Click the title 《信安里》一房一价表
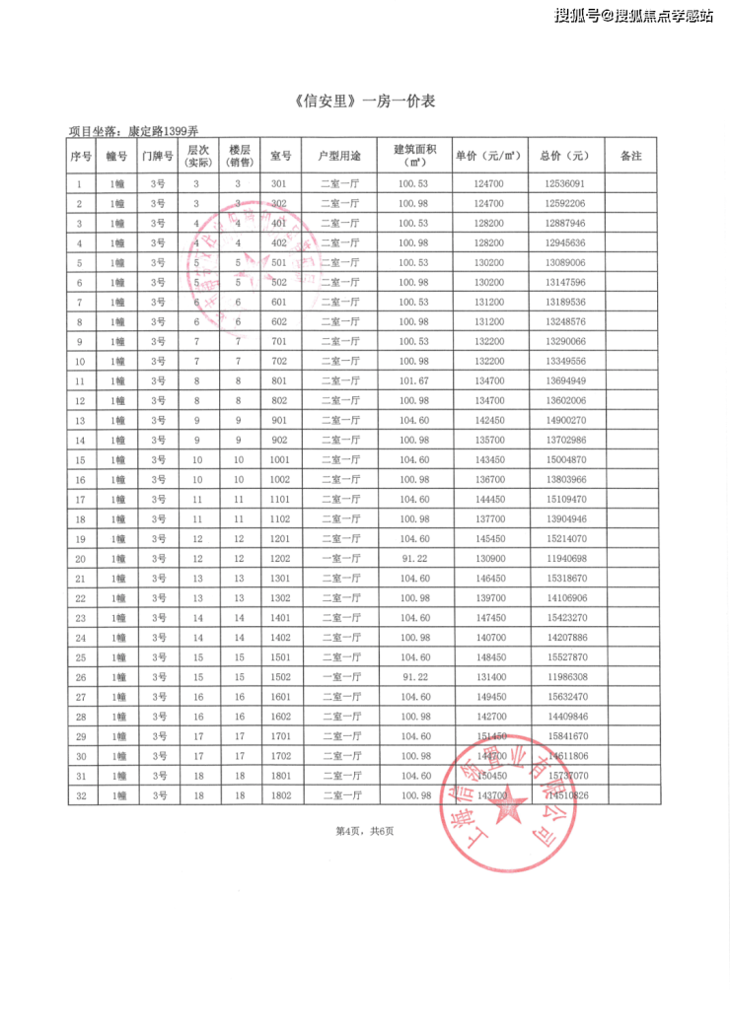(365, 102)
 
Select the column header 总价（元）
(564, 156)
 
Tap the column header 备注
(630, 156)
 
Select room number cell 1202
(279, 558)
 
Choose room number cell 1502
(279, 676)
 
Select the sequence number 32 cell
(80, 794)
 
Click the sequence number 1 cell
(80, 184)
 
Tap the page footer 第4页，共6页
(365, 831)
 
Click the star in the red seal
(511, 809)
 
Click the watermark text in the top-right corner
(633, 15)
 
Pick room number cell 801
(279, 380)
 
